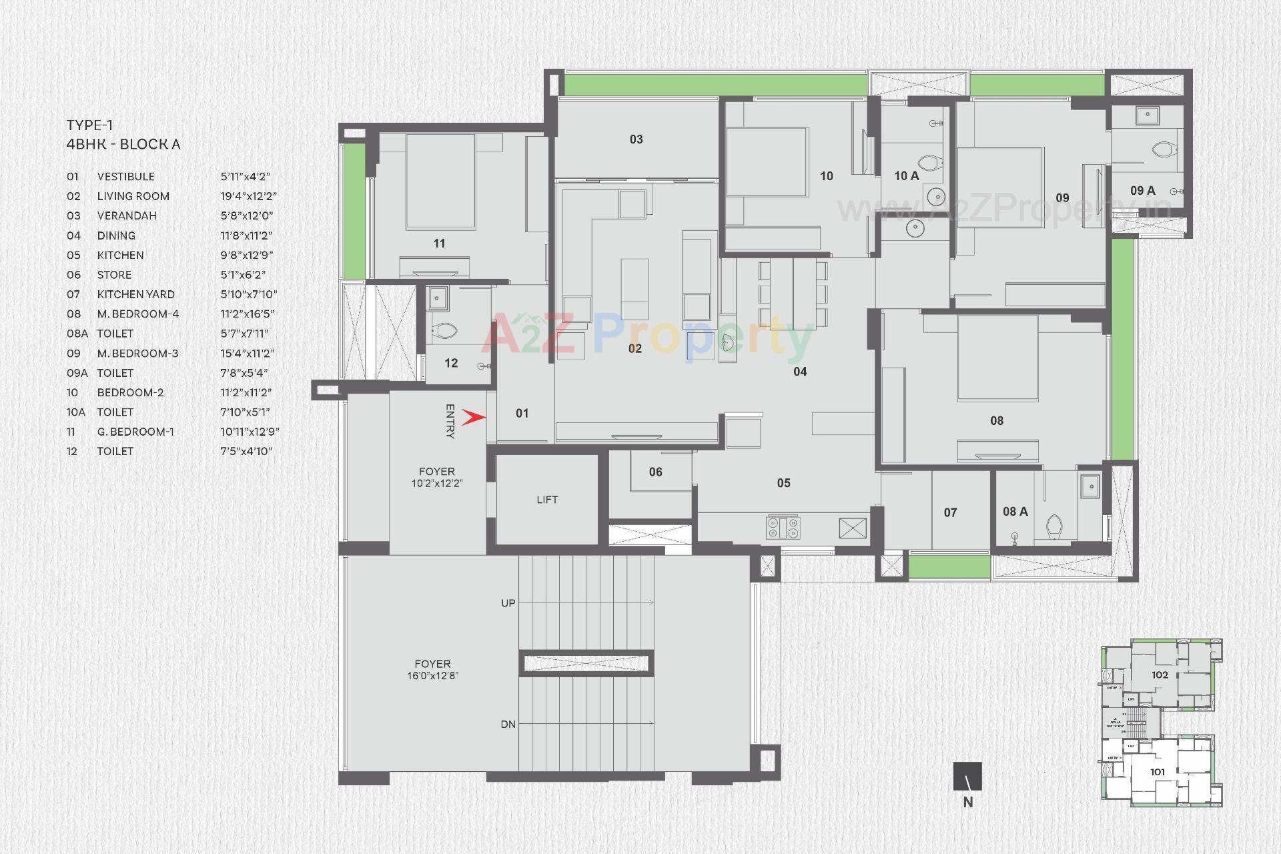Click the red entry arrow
473,418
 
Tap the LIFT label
547,500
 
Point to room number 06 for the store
655,472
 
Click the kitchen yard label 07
950,512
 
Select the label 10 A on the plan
906,176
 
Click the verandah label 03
636,139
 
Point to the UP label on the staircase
508,603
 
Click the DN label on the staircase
508,724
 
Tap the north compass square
967,776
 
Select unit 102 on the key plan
1160,675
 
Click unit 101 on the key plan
1158,772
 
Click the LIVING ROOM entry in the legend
133,196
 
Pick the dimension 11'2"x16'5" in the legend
247,314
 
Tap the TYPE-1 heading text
89,125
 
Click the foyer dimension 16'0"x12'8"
432,676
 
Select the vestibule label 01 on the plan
522,414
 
